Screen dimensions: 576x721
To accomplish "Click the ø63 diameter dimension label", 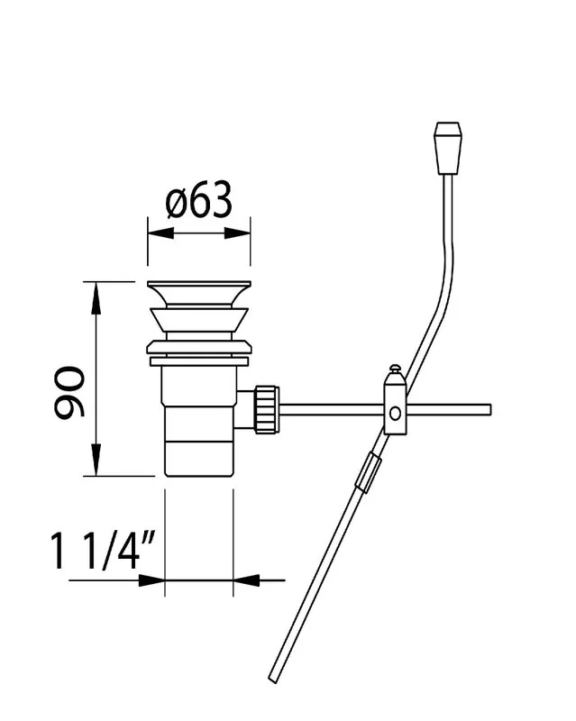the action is click(198, 199).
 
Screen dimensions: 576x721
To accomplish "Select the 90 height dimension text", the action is click(69, 392).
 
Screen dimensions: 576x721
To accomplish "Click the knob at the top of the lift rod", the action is click(448, 148).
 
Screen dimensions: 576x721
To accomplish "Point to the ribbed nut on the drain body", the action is click(267, 409).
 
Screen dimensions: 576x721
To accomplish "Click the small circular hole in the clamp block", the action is click(395, 414).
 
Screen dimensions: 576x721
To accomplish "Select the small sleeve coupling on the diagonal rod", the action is click(369, 471).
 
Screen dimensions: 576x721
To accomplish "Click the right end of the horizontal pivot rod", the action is click(490, 410).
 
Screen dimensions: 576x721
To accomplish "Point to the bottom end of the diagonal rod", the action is click(273, 680).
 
